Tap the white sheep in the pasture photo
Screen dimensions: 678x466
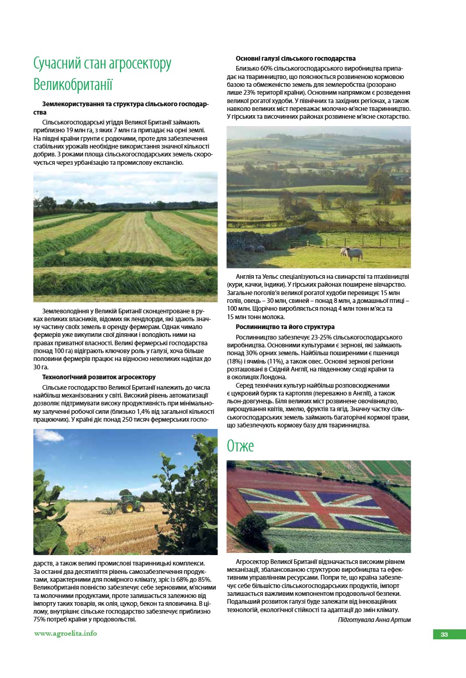click(352, 253)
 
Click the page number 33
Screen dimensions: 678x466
click(444, 635)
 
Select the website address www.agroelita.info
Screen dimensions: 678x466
click(65, 634)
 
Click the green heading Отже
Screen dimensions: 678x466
click(240, 446)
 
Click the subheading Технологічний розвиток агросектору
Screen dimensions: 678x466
click(99, 377)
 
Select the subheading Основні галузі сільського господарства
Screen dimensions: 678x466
click(296, 59)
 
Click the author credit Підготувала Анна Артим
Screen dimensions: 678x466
click(374, 620)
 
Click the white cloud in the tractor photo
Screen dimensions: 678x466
click(52, 435)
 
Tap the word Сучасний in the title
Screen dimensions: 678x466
click(57, 64)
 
